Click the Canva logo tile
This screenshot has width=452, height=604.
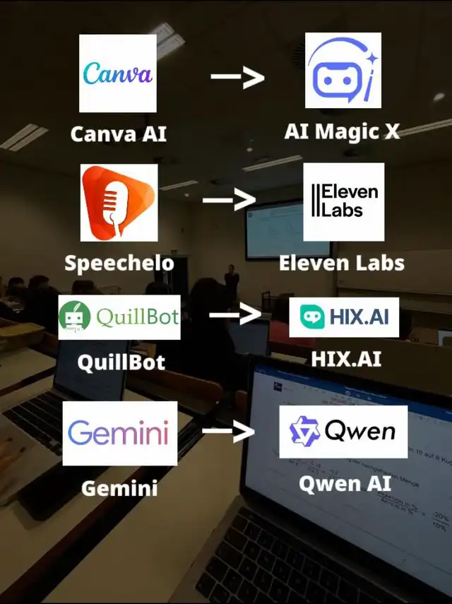118,73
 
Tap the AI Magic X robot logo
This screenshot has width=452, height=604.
343,70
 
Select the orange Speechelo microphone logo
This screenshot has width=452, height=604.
119,203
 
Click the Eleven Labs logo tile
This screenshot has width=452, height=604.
344,202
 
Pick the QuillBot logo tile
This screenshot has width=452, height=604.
119,317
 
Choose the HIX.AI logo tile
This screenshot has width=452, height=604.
344,317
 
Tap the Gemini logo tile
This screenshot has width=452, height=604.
120,433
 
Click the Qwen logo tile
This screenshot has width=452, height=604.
343,432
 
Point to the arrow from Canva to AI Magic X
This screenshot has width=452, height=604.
237,76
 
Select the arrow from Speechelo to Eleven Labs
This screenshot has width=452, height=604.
230,199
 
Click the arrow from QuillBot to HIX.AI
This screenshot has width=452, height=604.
235,314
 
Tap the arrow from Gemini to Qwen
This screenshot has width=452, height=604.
229,430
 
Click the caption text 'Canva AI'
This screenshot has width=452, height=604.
119,134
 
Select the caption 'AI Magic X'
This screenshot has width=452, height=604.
342,131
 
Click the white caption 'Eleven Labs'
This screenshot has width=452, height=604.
342,263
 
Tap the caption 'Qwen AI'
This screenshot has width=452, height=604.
345,483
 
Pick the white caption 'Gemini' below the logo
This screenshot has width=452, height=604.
119,488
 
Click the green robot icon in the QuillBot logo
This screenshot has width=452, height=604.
75,317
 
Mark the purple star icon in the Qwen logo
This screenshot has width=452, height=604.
304,432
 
